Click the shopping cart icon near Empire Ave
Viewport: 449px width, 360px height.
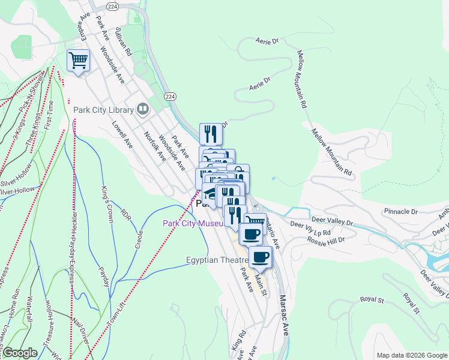78,60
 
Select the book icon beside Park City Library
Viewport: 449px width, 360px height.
143,109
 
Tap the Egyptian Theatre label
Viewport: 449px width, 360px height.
217,260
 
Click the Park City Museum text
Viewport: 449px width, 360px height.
193,224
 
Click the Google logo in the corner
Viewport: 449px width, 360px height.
20,353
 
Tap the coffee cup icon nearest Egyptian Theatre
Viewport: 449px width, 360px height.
260,257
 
